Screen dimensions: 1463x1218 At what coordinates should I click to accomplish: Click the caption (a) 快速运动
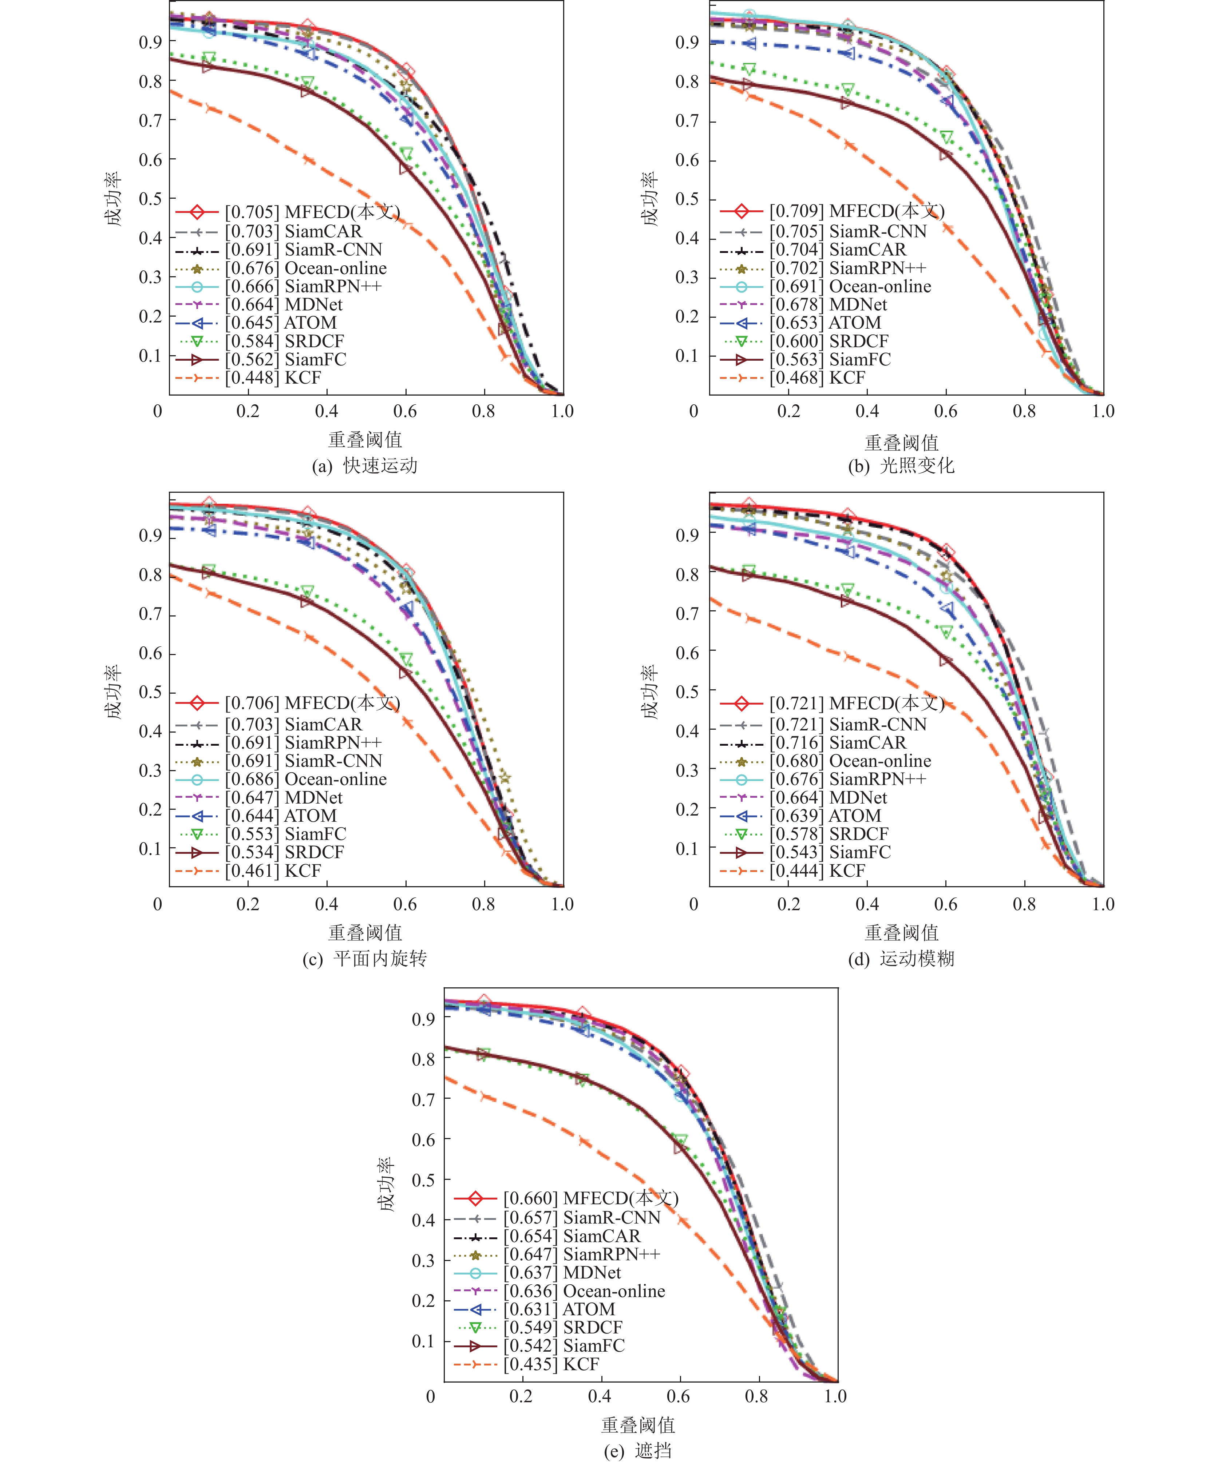364,465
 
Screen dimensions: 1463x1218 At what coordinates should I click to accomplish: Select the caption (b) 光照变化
901,465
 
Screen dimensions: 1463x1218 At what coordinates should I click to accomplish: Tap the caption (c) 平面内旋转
364,959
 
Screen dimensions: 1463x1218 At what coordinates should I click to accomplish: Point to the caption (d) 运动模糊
901,959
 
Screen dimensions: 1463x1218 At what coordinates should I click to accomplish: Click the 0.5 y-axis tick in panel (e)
423,1180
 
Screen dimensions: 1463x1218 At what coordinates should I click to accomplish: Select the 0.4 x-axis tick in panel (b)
867,411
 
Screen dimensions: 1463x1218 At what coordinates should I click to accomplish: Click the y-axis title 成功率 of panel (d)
649,691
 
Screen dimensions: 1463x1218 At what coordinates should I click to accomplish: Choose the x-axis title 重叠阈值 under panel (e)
637,1425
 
